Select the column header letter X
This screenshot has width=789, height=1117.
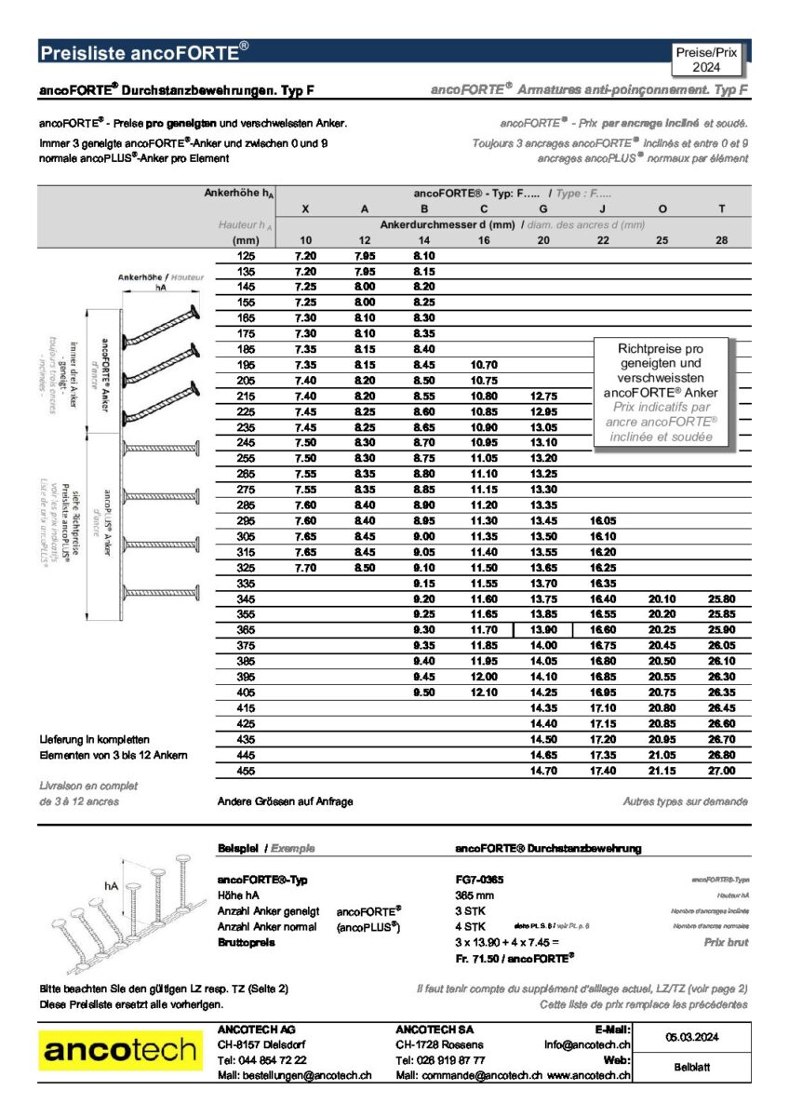click(306, 209)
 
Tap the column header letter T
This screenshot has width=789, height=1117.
click(721, 209)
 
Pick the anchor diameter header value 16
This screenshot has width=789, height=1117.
click(484, 240)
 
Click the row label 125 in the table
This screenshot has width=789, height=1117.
click(246, 255)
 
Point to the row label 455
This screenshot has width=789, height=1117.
click(246, 771)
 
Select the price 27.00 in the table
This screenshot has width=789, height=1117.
click(721, 771)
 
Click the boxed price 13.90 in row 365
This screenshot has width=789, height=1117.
click(543, 630)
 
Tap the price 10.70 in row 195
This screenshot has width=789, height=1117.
click(484, 365)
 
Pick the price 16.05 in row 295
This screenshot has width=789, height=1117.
click(603, 521)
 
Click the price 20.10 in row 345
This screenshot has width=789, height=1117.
click(662, 599)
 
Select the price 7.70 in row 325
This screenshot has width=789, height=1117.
click(306, 568)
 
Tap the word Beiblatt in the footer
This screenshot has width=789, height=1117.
click(691, 1067)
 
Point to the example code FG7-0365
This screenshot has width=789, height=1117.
click(479, 880)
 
